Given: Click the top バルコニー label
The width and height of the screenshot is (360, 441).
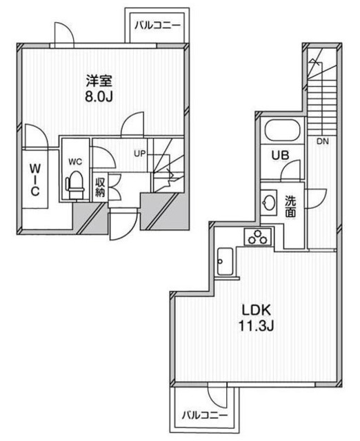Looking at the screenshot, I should click(157, 25).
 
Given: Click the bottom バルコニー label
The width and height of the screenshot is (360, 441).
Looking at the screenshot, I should click(204, 416).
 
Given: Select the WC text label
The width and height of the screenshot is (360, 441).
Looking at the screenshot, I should click(74, 161).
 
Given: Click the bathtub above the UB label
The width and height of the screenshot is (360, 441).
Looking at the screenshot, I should click(281, 131).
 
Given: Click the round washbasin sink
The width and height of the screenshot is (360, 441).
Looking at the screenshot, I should click(268, 202).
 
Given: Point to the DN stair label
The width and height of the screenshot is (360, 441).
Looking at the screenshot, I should click(322, 142).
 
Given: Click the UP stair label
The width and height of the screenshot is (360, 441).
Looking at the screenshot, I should click(139, 152).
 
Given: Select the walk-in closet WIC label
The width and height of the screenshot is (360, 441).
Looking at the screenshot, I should click(33, 178).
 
